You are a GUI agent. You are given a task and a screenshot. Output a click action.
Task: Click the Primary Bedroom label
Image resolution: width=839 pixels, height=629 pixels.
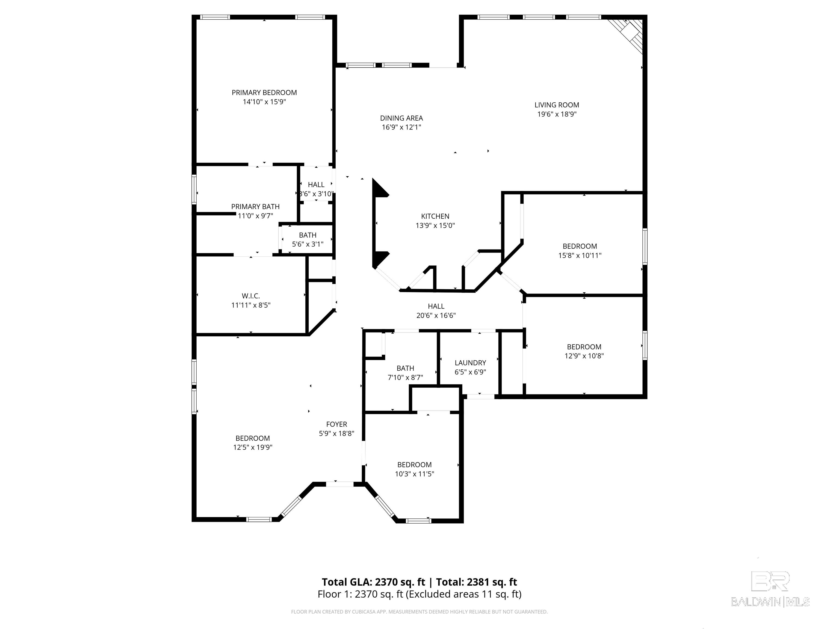tap(264, 93)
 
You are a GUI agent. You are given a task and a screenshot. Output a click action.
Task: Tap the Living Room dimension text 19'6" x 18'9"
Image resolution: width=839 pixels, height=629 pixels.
tap(557, 114)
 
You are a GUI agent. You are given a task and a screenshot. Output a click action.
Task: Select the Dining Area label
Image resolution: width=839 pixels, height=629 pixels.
tap(401, 118)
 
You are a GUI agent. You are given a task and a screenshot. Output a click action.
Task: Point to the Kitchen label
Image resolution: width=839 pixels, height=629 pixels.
tap(435, 216)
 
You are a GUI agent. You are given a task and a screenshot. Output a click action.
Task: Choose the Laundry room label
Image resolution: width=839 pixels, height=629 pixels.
tap(470, 363)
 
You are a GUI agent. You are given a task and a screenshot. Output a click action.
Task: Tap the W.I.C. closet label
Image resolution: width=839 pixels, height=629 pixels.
tap(251, 296)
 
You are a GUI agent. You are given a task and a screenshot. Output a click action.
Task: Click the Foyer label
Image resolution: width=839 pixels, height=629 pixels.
tap(336, 424)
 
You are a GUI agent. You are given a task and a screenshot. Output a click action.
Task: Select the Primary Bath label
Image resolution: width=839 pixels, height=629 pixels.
tap(255, 207)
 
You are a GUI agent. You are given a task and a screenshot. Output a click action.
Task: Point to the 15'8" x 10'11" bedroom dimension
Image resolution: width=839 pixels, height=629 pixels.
tap(580, 256)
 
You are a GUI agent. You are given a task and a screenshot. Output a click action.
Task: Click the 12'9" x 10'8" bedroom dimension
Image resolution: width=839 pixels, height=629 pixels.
tap(584, 356)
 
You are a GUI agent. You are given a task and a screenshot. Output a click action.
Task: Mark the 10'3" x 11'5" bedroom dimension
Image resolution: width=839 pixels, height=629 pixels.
tap(414, 474)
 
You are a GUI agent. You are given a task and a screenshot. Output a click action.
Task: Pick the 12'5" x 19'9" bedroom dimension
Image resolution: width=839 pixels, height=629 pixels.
tap(253, 447)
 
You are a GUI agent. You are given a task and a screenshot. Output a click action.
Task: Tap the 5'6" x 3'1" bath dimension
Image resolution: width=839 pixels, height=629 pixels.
tap(308, 244)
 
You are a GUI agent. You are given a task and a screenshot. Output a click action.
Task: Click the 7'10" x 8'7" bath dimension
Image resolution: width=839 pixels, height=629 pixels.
tap(405, 378)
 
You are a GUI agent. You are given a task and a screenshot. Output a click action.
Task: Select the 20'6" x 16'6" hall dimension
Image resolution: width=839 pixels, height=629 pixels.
tap(436, 315)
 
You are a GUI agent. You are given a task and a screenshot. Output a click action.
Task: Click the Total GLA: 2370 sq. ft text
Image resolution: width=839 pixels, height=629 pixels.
tap(374, 582)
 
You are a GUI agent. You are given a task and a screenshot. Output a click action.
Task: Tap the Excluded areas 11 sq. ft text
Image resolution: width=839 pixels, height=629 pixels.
tap(463, 594)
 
